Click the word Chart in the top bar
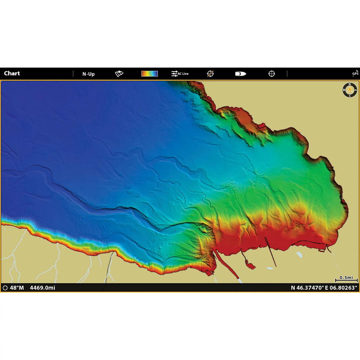point(12,73)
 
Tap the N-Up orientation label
point(88,74)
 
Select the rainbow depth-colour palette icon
point(149,74)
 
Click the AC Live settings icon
point(180,74)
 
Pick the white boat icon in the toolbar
point(240,74)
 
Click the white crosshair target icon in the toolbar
point(272,74)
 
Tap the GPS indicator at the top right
point(355,73)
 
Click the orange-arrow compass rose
point(350,90)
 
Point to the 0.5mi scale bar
point(346,280)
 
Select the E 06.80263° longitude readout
point(341,288)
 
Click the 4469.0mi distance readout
point(42,288)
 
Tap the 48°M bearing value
point(17,288)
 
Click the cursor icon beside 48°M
point(5,288)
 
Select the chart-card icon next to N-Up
point(119,74)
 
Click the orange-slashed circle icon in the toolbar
point(210,74)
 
